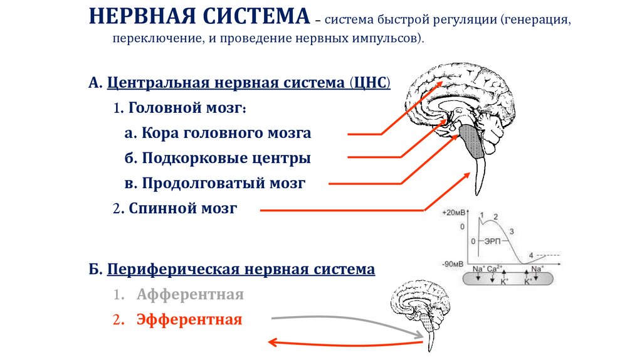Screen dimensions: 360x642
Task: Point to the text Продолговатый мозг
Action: pos(223,183)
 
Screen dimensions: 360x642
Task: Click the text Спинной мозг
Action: pos(183,208)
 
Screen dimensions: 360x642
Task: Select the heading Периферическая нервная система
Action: pos(241,270)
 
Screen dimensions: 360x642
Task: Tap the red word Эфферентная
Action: pos(189,320)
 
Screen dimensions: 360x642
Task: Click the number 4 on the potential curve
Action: pos(531,255)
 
